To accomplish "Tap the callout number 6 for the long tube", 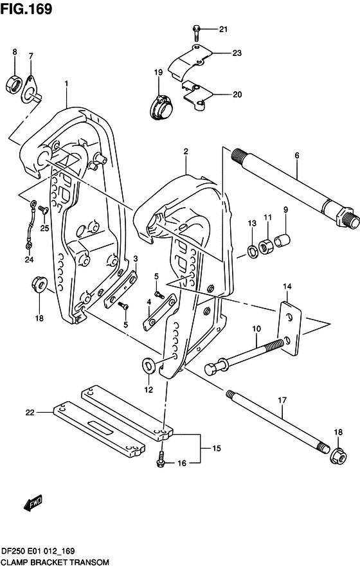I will coord(297,156).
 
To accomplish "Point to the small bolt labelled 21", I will coord(196,29).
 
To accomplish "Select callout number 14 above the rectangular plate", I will coord(287,286).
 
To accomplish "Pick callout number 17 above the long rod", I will coord(281,401).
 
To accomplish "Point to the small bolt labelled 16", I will coord(161,460).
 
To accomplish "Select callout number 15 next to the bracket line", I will coord(216,448).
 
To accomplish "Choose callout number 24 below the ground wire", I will coord(28,260).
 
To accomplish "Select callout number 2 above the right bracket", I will coord(185,152).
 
